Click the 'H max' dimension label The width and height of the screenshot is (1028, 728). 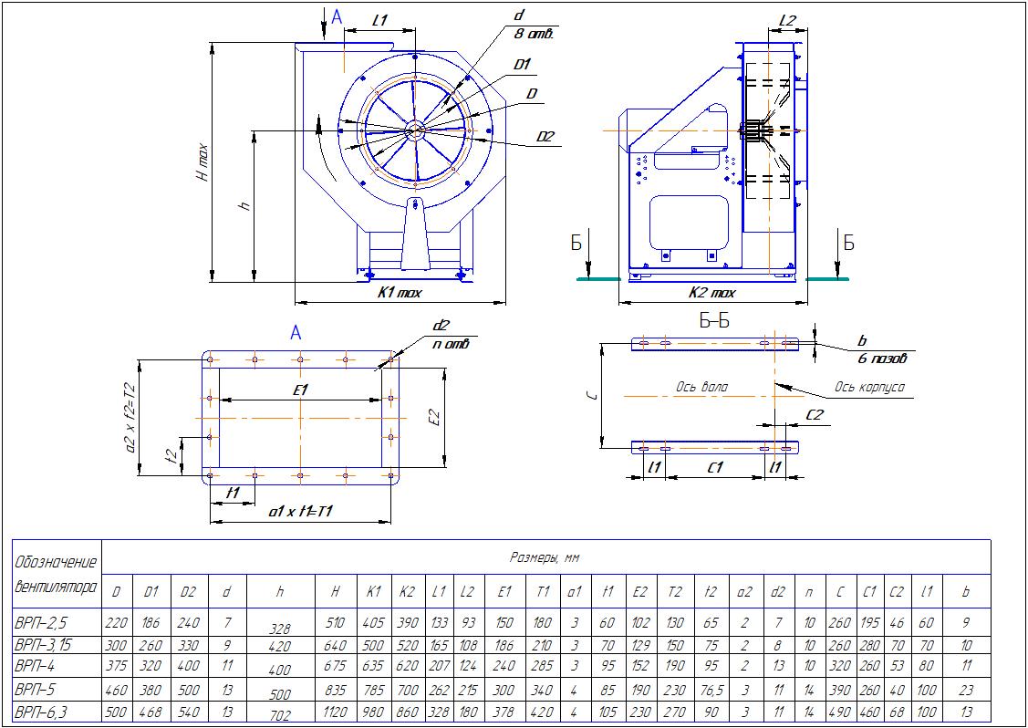coord(202,162)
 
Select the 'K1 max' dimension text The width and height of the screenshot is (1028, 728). coord(399,293)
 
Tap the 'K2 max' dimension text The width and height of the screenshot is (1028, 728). coord(711,293)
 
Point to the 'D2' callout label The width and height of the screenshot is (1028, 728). coord(545,137)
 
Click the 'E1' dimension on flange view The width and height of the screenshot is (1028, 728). coord(300,390)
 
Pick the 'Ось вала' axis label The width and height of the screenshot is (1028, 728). coord(701,387)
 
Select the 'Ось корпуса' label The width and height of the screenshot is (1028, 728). coord(868,387)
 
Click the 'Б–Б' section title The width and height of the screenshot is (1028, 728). coord(714,321)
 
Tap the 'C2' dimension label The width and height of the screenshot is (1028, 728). coord(815,414)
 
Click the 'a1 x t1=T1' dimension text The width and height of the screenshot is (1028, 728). coord(300,513)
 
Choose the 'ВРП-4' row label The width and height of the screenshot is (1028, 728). coord(36,666)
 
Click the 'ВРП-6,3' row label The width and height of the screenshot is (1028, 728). coord(40,711)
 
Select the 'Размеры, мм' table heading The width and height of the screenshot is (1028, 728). coord(545,557)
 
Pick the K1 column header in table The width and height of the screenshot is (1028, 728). coord(373,591)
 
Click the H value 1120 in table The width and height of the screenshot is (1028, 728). coord(336,711)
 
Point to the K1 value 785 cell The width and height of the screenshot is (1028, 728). coord(373,689)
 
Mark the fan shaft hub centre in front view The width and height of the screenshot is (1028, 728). coord(415,130)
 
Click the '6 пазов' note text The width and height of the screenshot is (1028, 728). coord(882,359)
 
